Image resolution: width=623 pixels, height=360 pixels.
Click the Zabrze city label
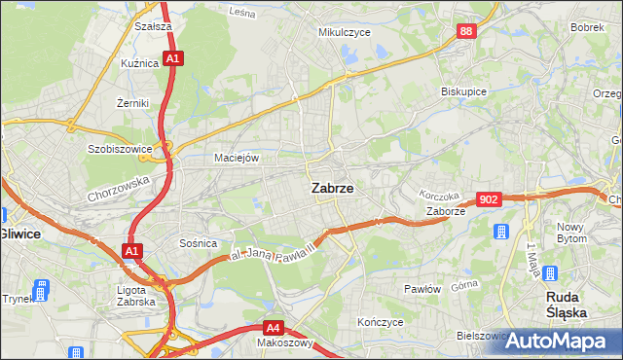click(332, 189)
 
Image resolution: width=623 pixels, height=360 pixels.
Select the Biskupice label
click(463, 90)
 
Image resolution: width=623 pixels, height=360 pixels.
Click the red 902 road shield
click(490, 198)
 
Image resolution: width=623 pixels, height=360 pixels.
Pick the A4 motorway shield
click(275, 328)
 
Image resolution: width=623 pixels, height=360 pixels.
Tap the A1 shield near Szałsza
click(171, 59)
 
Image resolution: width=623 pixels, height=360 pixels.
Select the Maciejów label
click(237, 157)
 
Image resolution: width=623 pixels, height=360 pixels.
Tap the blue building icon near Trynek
click(41, 289)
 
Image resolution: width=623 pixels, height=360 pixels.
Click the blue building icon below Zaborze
click(501, 233)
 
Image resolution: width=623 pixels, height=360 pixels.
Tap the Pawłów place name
click(423, 289)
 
